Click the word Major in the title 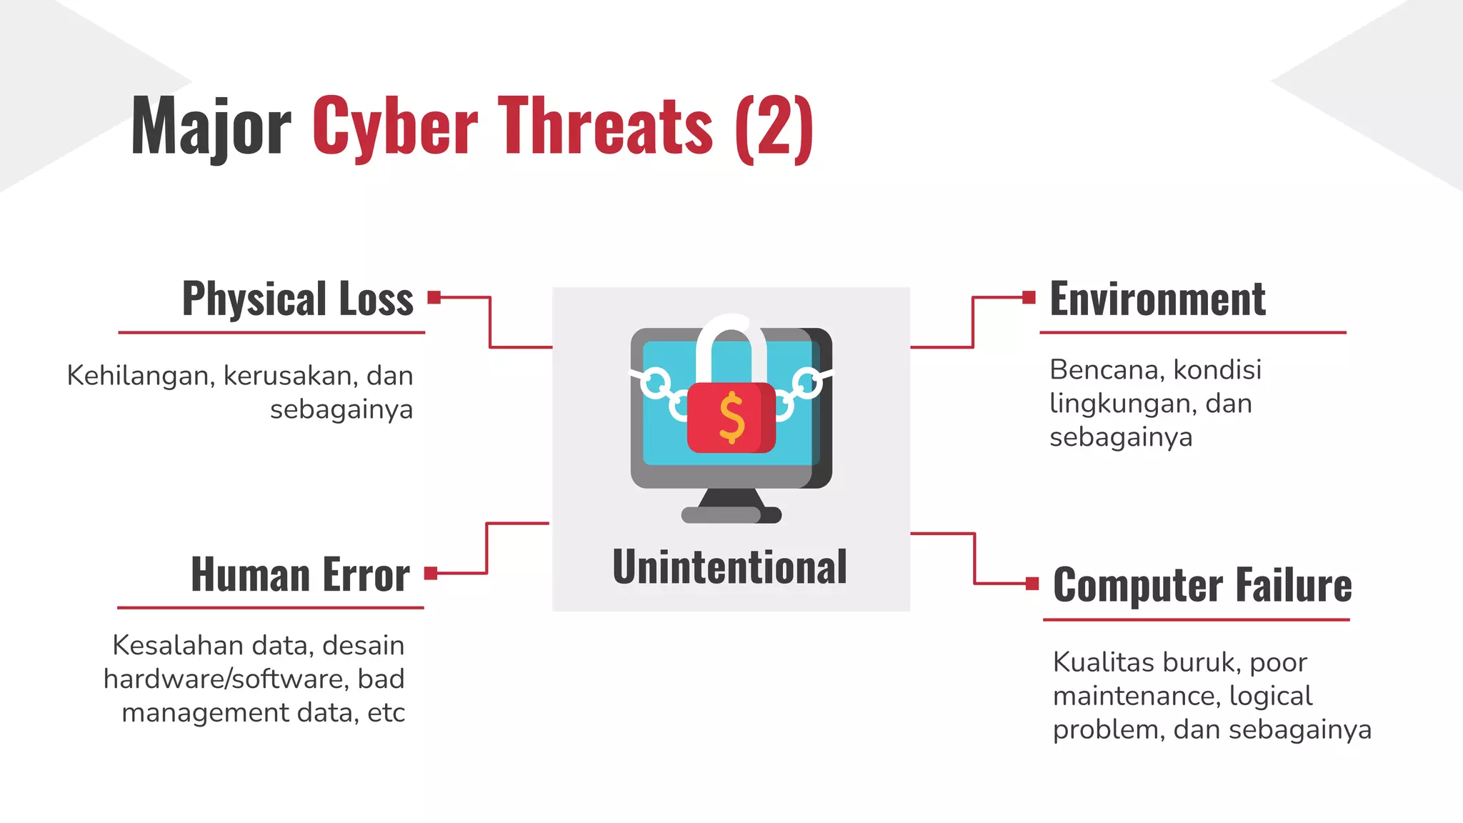(211, 127)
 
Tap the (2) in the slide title (774, 127)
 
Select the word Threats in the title (605, 126)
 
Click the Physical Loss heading (298, 299)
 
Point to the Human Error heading (300, 575)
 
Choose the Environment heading (1157, 299)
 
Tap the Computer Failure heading (1202, 585)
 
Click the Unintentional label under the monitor (729, 567)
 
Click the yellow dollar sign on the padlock (731, 417)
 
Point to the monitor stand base (731, 514)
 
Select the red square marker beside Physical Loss (434, 297)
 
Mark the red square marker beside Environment (1029, 297)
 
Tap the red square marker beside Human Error (431, 573)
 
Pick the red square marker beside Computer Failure (1032, 584)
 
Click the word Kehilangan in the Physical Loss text (141, 376)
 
